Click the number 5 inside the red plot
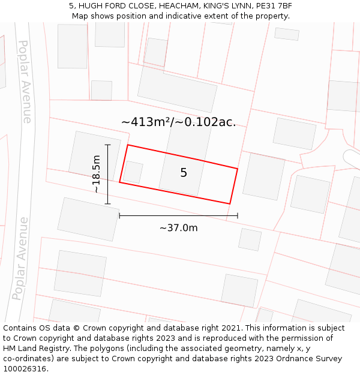tap(184, 173)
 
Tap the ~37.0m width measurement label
tap(178, 228)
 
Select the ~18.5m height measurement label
tap(96, 174)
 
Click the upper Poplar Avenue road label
tap(25, 82)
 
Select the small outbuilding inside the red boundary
tap(133, 172)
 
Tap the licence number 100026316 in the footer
tap(25, 368)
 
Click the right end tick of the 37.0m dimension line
tap(238, 215)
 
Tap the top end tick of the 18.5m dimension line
tap(108, 145)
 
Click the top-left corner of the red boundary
tap(128, 145)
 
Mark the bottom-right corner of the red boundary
tap(230, 203)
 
